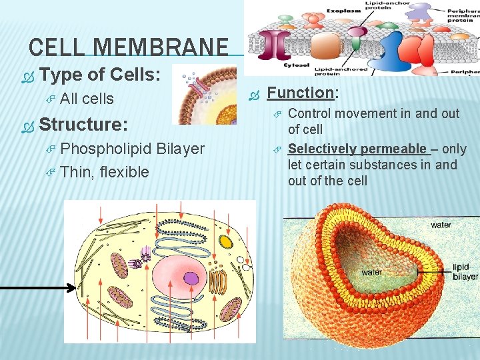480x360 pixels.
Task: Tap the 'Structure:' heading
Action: [x=83, y=124]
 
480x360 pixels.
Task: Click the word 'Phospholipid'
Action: [x=108, y=149]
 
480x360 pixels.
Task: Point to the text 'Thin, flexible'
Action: [x=104, y=172]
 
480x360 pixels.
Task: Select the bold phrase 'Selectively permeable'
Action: [x=357, y=149]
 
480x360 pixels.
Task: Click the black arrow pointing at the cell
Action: [x=40, y=288]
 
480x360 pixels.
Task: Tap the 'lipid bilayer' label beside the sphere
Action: [x=465, y=271]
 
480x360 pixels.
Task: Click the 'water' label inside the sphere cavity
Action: [x=372, y=272]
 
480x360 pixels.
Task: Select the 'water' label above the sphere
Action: [x=440, y=225]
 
